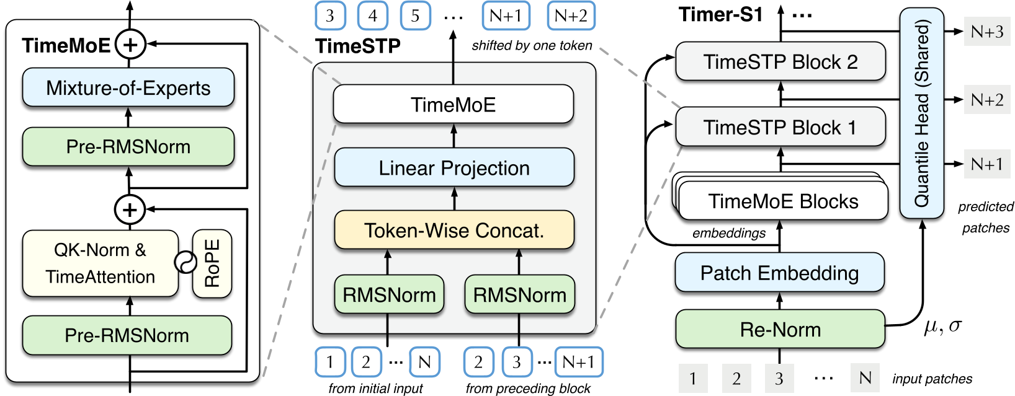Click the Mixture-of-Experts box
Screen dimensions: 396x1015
click(128, 88)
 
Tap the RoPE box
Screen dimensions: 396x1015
click(212, 264)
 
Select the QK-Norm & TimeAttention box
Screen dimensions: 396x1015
click(100, 263)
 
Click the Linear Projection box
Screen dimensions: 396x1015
click(454, 168)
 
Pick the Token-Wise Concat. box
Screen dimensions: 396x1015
click(454, 231)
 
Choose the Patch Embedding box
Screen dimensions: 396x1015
click(779, 273)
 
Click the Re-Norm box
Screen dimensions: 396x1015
click(780, 329)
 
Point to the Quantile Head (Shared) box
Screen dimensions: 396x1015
click(921, 113)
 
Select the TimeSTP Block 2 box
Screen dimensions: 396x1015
click(780, 62)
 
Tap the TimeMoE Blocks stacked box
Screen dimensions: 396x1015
click(783, 201)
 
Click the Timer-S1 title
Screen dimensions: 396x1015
click(720, 14)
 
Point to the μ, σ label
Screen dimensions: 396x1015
click(942, 326)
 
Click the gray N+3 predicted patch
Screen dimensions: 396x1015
click(986, 32)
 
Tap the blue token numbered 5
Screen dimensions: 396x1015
click(415, 16)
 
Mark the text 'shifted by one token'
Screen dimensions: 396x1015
click(532, 46)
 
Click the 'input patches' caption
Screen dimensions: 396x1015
click(932, 379)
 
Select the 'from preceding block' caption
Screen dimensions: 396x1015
click(528, 389)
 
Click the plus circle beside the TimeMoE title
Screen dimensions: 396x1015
click(130, 45)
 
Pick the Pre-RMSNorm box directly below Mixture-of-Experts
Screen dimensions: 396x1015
click(128, 147)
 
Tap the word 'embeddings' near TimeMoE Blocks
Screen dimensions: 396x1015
click(729, 233)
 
